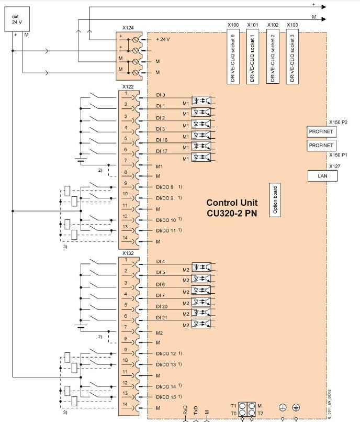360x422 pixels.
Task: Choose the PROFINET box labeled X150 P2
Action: click(321, 131)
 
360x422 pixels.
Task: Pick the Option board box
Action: click(273, 200)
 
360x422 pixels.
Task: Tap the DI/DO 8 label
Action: click(166, 187)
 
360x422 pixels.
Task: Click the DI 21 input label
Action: click(162, 318)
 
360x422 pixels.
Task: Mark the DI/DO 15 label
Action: click(166, 397)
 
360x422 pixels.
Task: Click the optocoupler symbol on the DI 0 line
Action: click(202, 99)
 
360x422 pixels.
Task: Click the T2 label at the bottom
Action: click(260, 413)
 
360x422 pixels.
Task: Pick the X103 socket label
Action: click(293, 25)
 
